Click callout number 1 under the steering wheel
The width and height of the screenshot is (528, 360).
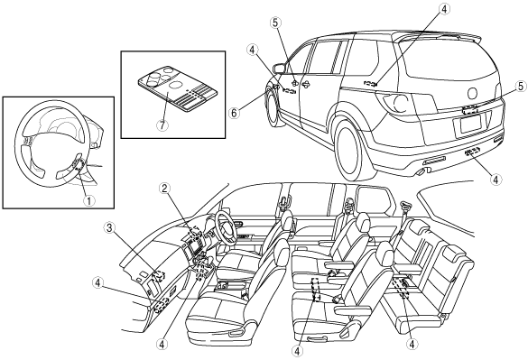point(89,201)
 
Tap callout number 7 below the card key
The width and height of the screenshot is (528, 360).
point(162,125)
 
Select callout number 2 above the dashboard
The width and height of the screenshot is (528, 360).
point(164,189)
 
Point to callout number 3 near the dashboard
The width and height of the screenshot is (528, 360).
point(109,228)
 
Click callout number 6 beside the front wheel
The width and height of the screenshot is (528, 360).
point(235,113)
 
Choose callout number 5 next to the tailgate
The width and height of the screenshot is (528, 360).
point(521,87)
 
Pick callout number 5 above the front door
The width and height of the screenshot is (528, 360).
point(275,23)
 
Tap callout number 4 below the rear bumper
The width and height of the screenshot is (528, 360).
point(495,180)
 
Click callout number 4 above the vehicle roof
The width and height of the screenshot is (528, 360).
point(444,9)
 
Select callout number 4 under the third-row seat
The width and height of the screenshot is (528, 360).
point(412,344)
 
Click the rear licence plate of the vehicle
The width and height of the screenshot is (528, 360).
point(470,125)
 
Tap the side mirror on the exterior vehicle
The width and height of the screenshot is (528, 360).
point(279,69)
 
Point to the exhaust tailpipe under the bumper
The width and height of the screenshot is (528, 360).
point(421,172)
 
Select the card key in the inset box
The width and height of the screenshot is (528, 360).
point(178,88)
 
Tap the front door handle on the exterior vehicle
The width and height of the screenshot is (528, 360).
point(306,84)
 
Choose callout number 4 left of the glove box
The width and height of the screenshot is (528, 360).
point(97,283)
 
